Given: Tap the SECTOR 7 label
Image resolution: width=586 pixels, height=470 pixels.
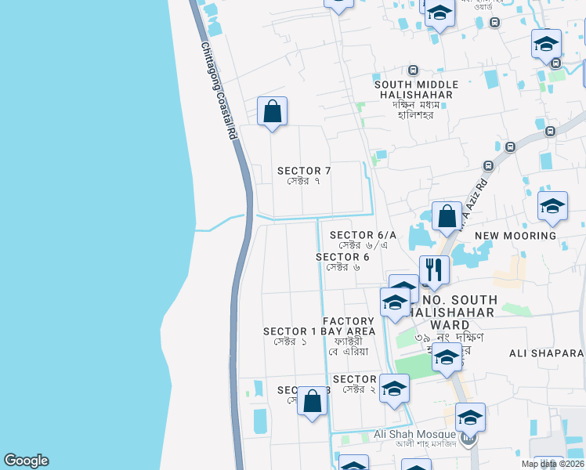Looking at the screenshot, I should point(305,175).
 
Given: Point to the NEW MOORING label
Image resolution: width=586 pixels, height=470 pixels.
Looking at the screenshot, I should point(515,235).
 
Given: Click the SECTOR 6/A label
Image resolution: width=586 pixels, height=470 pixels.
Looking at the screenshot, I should point(363,240).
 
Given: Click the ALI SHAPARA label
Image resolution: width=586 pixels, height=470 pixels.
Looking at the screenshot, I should point(547,353).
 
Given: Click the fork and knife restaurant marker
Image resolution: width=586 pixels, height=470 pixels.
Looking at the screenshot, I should point(434,269).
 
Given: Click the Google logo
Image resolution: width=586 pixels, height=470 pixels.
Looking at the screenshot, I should point(26,461).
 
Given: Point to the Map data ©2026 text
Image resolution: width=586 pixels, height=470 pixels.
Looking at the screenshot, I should point(552,464).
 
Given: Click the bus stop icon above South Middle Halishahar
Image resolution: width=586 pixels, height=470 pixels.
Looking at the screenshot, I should point(413,70).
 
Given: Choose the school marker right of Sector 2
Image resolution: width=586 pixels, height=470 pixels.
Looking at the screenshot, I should point(394,389).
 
